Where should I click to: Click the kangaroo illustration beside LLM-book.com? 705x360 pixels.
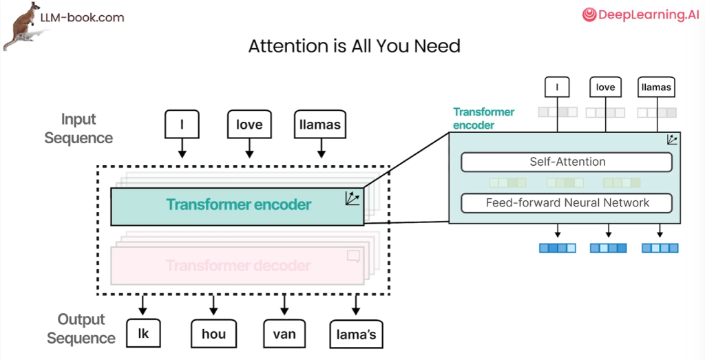(21, 26)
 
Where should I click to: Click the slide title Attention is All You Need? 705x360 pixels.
(354, 47)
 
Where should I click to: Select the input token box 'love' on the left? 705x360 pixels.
(249, 125)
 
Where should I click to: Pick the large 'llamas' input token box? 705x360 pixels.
(319, 125)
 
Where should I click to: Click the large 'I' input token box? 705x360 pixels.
(182, 125)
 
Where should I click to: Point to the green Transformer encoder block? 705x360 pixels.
(238, 204)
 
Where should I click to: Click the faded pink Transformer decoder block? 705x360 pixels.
(238, 266)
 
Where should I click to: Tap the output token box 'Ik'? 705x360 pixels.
(143, 334)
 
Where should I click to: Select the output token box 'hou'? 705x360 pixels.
(213, 334)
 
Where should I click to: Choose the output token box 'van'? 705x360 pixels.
(284, 334)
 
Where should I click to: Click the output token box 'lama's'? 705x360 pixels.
(355, 335)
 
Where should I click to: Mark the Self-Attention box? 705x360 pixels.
(567, 162)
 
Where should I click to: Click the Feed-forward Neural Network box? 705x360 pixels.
(567, 203)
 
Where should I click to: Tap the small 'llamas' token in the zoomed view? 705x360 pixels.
(655, 87)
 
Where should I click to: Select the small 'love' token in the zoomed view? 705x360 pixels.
(605, 87)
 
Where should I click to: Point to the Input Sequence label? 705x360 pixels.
(78, 129)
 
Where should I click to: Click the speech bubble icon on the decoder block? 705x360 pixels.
(354, 257)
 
